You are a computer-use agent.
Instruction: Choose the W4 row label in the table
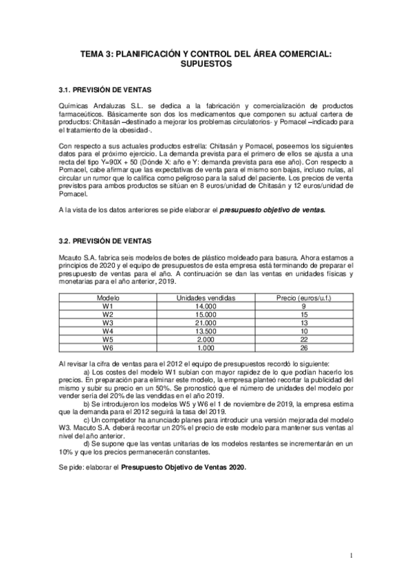pyautogui.click(x=107, y=331)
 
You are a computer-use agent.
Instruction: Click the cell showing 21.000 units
pyautogui.click(x=206, y=322)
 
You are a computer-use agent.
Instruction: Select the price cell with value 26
pyautogui.click(x=303, y=348)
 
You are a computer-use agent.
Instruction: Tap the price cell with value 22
pyautogui.click(x=303, y=340)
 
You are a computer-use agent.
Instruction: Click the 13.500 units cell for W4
pyautogui.click(x=206, y=331)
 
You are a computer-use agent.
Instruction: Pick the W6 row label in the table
pyautogui.click(x=107, y=348)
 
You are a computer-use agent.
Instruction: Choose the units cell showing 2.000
pyautogui.click(x=206, y=340)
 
